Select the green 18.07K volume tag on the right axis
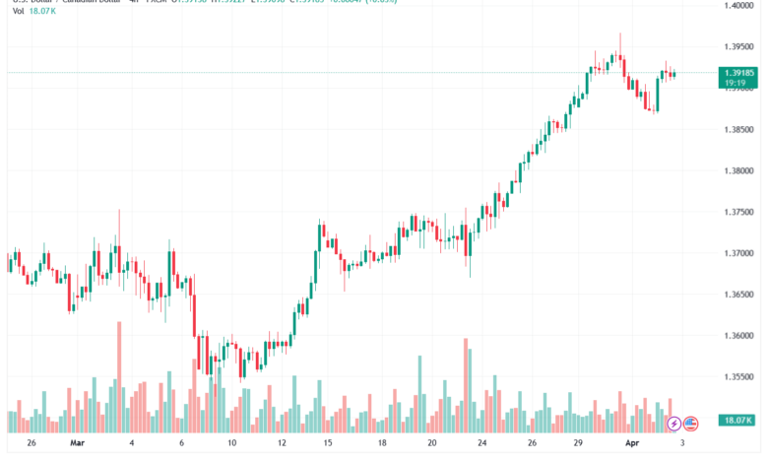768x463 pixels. pos(737,421)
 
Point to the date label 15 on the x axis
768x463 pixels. pos(331,443)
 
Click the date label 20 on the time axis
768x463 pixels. pos(432,443)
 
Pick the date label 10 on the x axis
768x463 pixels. pos(230,443)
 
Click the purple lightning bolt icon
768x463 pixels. pos(673,424)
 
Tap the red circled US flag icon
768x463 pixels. pos(690,424)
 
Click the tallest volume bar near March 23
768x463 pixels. pos(465,385)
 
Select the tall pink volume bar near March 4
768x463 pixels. pos(119,377)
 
